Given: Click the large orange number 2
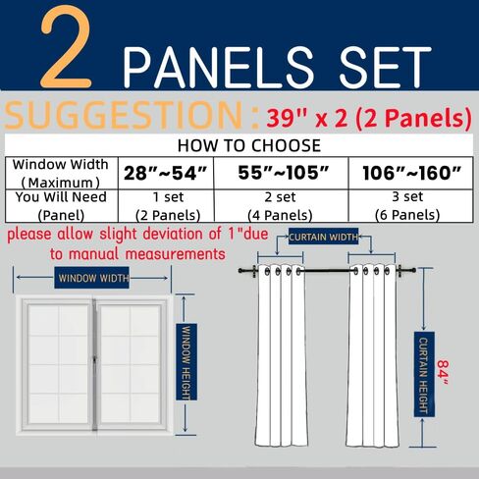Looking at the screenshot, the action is click(x=66, y=46).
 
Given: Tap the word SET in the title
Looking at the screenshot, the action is click(x=386, y=68).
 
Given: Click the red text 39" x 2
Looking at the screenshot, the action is click(x=306, y=119).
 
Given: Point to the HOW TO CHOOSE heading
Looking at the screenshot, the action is click(x=249, y=145).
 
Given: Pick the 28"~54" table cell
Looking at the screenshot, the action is click(x=166, y=173).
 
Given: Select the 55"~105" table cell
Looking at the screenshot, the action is click(x=281, y=173).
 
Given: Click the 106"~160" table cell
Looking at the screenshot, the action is click(x=411, y=173).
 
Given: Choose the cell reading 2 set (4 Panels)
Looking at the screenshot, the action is click(x=281, y=206).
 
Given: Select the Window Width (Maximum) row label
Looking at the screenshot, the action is click(x=61, y=173).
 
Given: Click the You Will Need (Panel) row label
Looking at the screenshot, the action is click(x=61, y=206).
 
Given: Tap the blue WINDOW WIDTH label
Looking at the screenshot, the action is click(x=92, y=278).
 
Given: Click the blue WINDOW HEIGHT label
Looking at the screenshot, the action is click(x=186, y=362).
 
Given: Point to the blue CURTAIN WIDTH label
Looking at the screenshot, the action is click(x=323, y=237).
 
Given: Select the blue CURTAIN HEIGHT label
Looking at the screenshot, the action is click(x=424, y=374).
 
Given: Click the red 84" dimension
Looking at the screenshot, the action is click(x=443, y=373).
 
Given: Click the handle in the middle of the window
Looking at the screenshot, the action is click(x=94, y=360).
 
